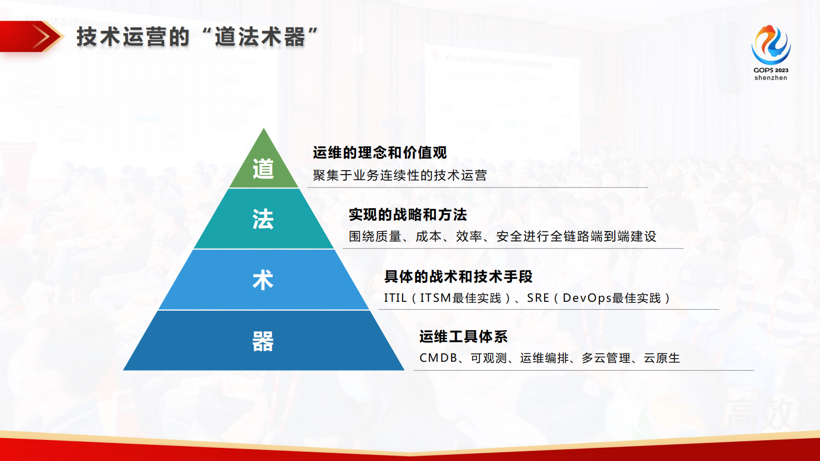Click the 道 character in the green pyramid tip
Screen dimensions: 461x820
point(263,169)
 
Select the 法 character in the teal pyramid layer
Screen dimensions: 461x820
point(263,219)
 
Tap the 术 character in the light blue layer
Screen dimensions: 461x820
point(263,280)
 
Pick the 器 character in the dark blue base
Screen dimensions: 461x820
point(263,341)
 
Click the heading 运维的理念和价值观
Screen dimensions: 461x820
point(380,153)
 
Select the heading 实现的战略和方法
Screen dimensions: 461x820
point(408,214)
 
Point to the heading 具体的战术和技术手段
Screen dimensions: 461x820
point(458,276)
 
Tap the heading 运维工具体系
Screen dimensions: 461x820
point(463,337)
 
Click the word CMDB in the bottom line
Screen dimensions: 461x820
point(438,358)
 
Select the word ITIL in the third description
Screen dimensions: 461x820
point(395,298)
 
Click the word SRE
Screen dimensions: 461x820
point(538,298)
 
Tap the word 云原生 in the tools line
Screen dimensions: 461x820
point(662,358)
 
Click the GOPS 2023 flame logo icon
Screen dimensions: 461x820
point(770,44)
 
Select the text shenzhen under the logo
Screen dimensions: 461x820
point(770,78)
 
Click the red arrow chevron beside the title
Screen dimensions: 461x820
point(43,37)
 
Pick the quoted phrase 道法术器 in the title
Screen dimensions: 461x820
point(259,37)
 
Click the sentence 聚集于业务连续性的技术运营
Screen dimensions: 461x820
point(399,176)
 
